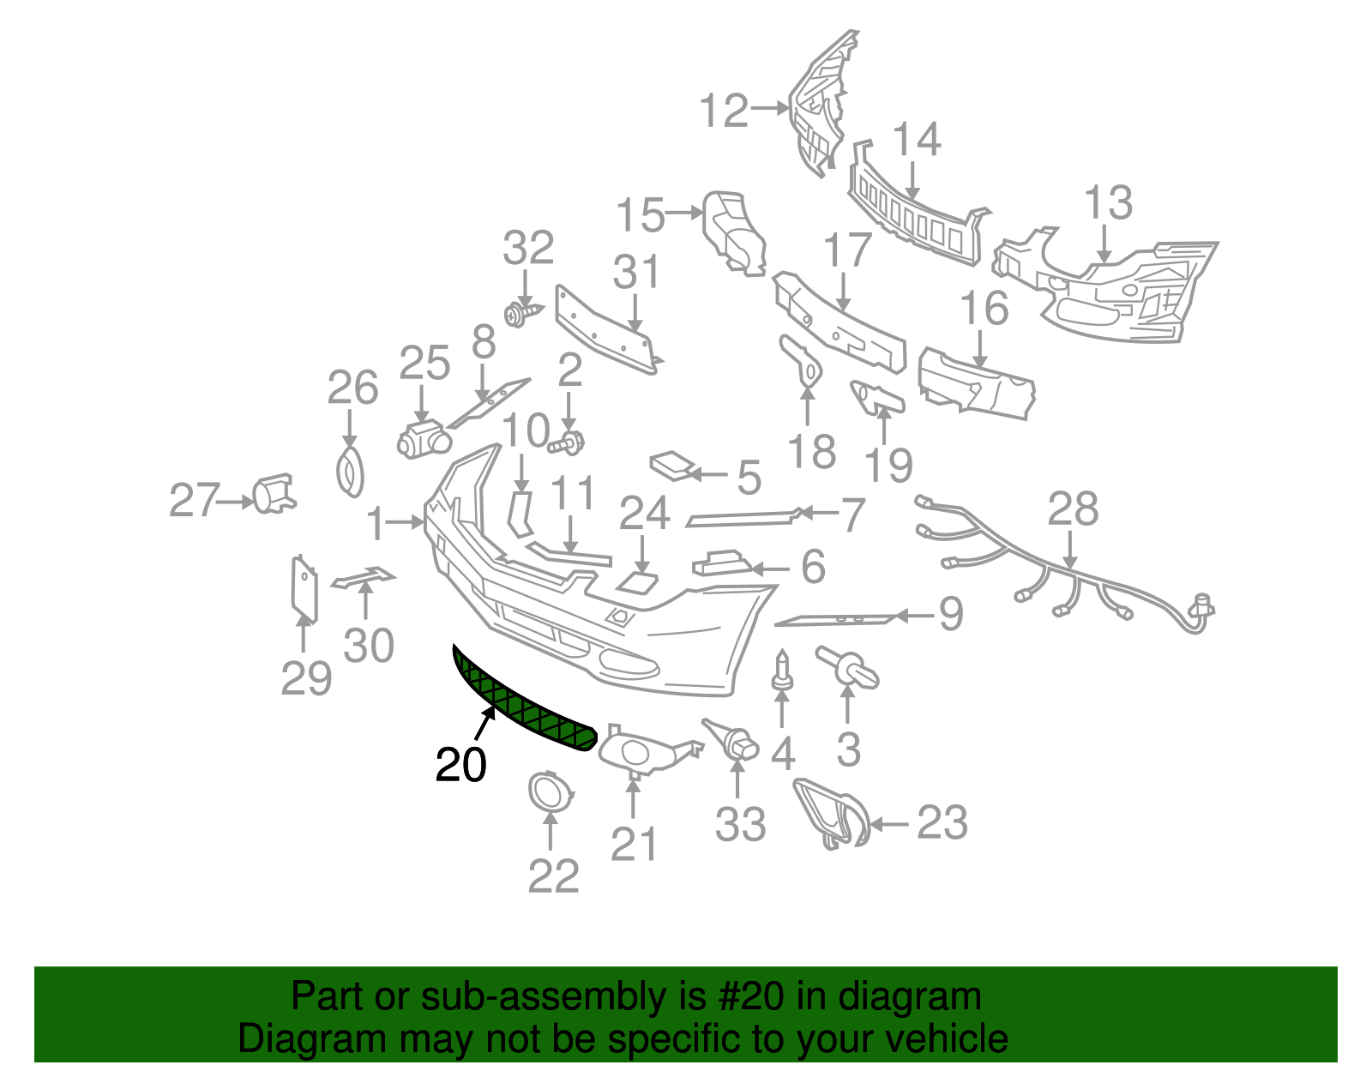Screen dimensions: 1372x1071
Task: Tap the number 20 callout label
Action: click(461, 765)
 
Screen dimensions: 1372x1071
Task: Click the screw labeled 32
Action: click(523, 313)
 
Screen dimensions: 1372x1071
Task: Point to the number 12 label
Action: click(725, 111)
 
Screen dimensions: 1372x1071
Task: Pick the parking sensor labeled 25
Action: click(423, 439)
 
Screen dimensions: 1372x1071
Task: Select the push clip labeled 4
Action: click(782, 670)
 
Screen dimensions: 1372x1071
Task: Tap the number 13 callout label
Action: click(1108, 202)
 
